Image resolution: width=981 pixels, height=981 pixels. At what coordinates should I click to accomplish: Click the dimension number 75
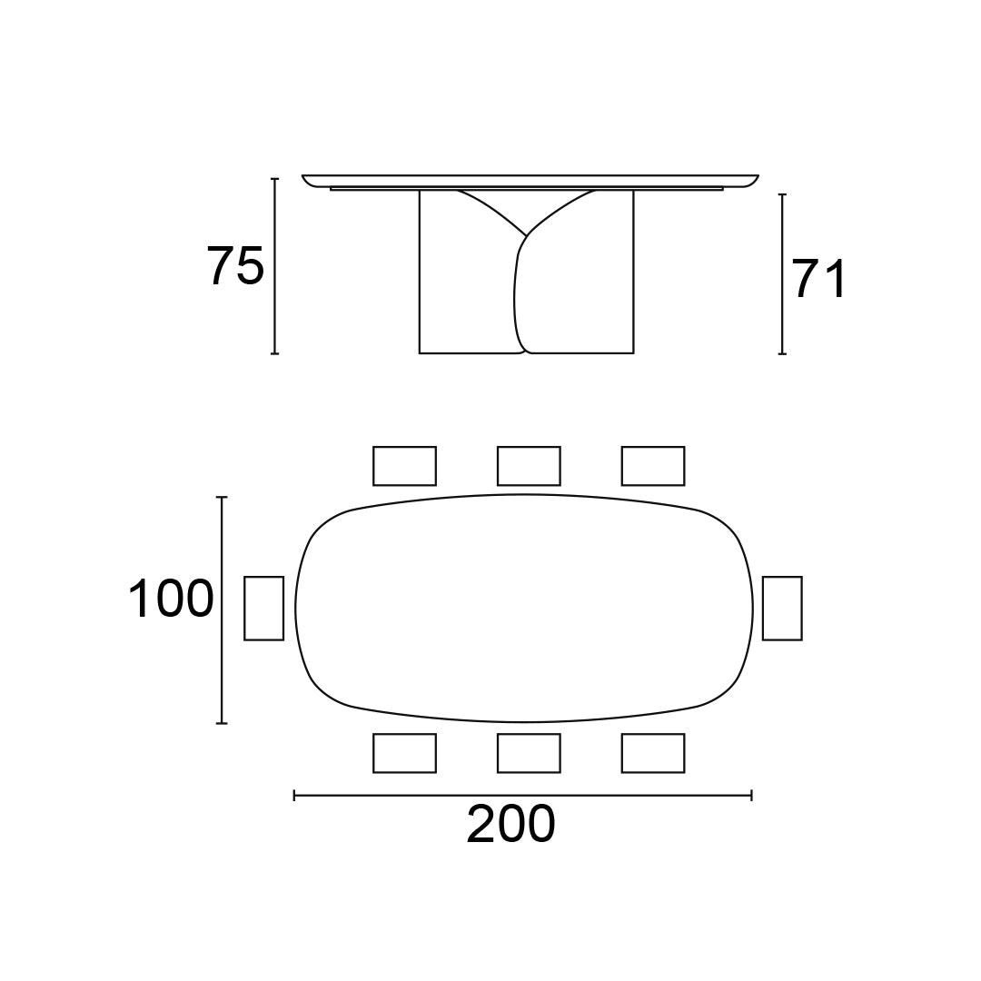236,266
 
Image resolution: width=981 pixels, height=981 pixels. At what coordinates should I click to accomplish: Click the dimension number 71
819,279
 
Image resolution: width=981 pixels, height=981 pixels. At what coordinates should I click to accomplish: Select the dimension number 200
510,824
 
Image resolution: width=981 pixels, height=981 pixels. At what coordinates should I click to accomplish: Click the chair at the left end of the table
263,608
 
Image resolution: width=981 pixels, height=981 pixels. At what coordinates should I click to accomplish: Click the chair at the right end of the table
782,608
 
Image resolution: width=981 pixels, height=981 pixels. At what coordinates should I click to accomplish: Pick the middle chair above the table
529,465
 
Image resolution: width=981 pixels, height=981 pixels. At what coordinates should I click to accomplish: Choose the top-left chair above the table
404,465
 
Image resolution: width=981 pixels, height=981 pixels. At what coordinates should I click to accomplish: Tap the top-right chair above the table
653,465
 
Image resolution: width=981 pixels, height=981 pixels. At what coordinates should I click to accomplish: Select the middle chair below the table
529,753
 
